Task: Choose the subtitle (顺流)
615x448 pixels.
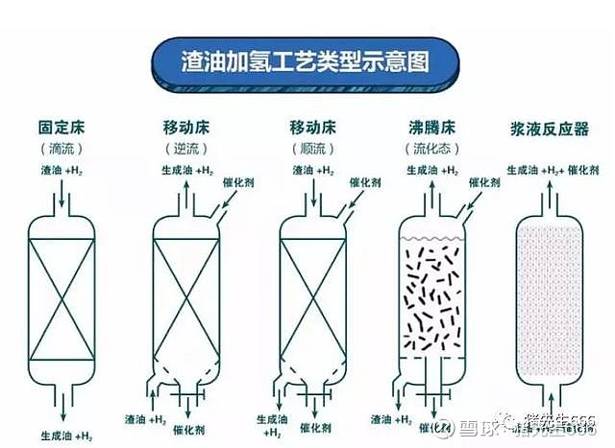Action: [310, 149]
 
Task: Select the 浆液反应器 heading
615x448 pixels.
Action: [553, 128]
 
